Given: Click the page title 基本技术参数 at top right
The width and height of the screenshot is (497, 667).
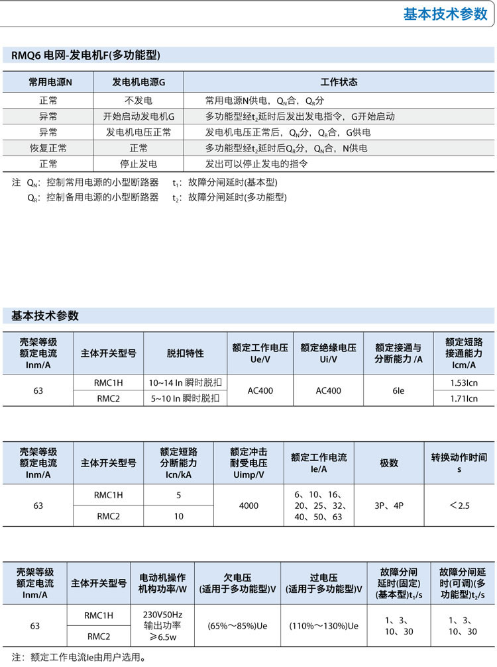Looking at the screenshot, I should tap(445, 15).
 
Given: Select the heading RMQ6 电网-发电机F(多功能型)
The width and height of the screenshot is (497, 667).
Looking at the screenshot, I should tap(85, 56).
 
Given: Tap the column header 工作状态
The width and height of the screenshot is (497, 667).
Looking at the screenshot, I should tap(339, 82).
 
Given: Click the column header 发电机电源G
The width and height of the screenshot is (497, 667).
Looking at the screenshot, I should tap(138, 82).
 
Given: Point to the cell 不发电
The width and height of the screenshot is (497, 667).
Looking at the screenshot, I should tap(138, 101).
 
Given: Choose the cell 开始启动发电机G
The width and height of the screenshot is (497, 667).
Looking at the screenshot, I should tap(138, 116).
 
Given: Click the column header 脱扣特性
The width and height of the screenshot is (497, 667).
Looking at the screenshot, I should tap(185, 353).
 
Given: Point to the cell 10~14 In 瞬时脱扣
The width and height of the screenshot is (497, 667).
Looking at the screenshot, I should tap(185, 382).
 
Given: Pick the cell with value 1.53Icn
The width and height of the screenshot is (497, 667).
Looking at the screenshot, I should tap(464, 382).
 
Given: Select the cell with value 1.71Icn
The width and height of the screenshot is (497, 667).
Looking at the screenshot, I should tap(464, 398).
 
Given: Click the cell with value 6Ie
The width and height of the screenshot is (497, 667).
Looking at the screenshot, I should tap(398, 390).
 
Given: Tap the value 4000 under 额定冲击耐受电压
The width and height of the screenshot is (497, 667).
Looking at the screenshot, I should tap(248, 506).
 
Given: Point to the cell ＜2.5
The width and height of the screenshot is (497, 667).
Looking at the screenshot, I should tap(459, 506).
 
